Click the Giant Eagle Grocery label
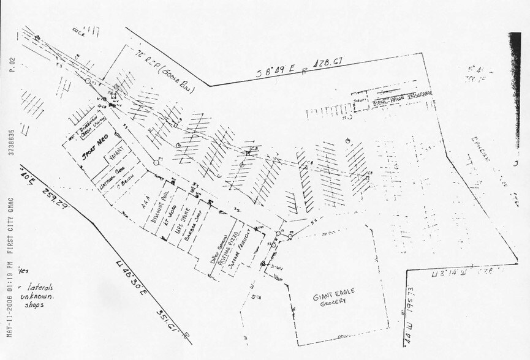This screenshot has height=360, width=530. coord(333,299)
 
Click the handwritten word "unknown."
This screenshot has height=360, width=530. coord(38,296)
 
